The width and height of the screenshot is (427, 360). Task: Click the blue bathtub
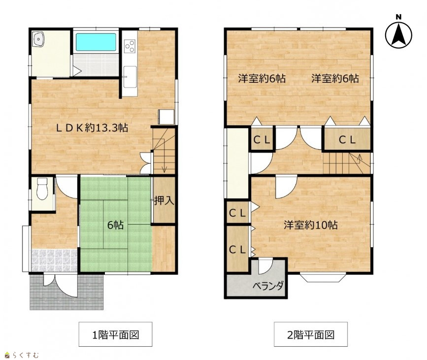click(x=96, y=42)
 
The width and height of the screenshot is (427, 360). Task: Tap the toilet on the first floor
click(x=42, y=189)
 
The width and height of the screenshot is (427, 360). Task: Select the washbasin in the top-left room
click(x=38, y=39)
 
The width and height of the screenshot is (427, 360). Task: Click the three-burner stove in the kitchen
click(x=130, y=46)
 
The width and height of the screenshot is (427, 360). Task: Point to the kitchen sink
click(x=130, y=77)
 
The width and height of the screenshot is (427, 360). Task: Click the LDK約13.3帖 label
click(x=92, y=128)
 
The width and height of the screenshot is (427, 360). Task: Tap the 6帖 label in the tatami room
click(x=115, y=225)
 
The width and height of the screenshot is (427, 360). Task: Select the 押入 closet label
click(x=164, y=201)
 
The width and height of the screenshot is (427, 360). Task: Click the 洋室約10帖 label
click(x=310, y=225)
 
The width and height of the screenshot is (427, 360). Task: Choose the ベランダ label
click(x=268, y=286)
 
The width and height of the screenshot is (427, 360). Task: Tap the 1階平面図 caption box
click(x=115, y=334)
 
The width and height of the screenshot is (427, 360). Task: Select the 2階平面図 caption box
click(x=311, y=334)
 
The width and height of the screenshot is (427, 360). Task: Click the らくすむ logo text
click(x=26, y=355)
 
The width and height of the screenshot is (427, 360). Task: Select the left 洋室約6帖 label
click(x=262, y=79)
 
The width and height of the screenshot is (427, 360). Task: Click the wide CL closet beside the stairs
click(x=347, y=140)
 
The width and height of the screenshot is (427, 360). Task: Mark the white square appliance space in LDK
click(x=166, y=117)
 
